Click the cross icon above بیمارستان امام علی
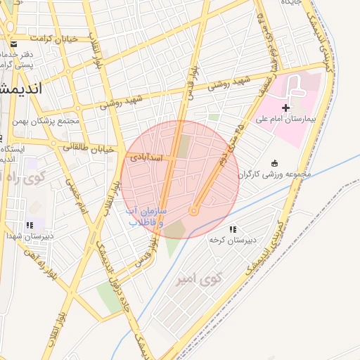(285, 108)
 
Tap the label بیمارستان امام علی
(285, 120)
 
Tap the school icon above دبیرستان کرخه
(233, 229)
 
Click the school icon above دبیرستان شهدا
(29, 225)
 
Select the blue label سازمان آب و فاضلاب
(146, 216)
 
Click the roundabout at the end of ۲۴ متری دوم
(194, 211)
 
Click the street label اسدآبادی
(146, 158)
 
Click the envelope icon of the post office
(13, 44)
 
